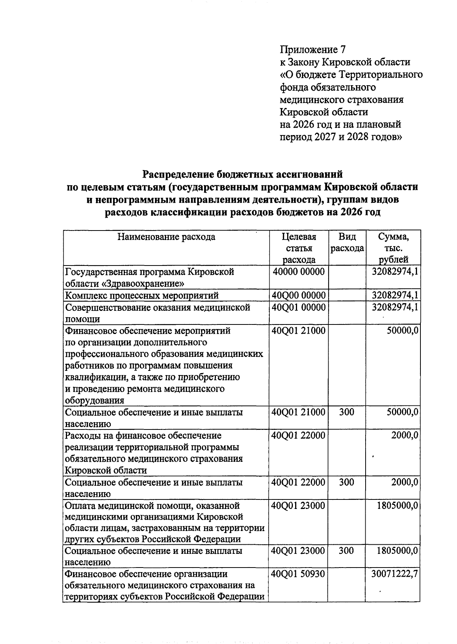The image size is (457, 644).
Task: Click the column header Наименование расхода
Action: (x=166, y=237)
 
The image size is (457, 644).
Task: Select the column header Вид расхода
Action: (x=347, y=243)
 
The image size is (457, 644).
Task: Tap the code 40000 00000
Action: (x=299, y=272)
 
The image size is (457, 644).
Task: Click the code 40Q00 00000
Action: (x=299, y=295)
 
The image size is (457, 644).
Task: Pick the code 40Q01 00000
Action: (x=299, y=307)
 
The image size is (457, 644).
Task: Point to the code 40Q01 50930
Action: (x=299, y=574)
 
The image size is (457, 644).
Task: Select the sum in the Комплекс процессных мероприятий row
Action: (x=395, y=295)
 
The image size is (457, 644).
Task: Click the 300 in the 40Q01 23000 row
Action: (x=346, y=550)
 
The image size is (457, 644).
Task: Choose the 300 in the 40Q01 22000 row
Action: (x=346, y=482)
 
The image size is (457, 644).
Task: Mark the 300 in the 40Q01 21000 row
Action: (x=346, y=412)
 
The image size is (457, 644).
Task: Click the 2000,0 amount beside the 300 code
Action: (x=405, y=482)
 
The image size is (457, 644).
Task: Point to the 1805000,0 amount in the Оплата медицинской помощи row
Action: (x=398, y=506)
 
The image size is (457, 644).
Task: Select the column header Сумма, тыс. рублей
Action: (x=393, y=248)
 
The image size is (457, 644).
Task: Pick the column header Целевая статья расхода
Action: (x=299, y=248)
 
